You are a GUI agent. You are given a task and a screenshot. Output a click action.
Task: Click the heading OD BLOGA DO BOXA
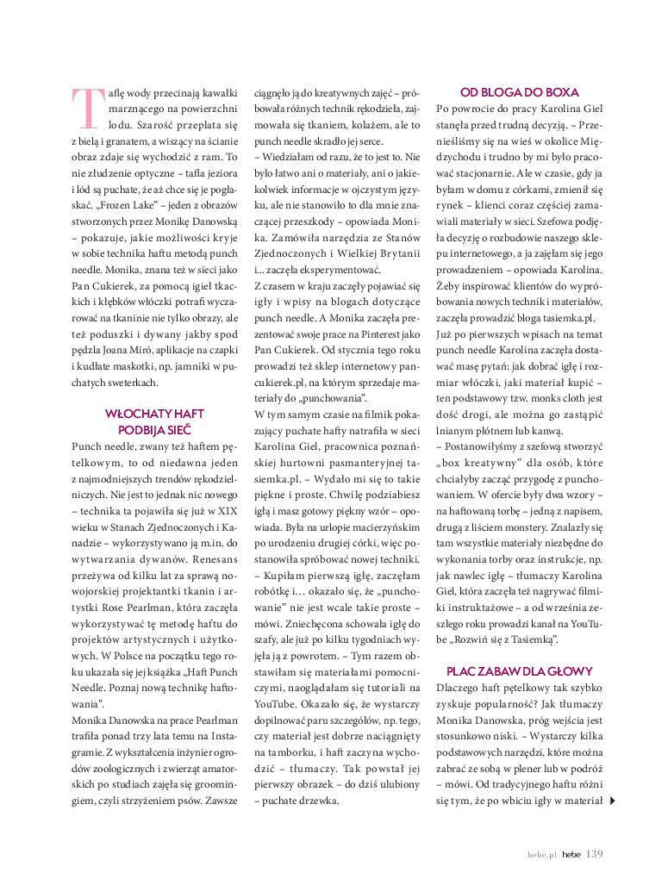tap(519, 92)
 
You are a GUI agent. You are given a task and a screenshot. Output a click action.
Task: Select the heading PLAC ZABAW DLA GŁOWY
tap(519, 670)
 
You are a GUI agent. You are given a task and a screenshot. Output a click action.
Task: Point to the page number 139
tap(595, 854)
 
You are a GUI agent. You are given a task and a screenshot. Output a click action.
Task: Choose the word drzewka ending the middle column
tap(320, 801)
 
